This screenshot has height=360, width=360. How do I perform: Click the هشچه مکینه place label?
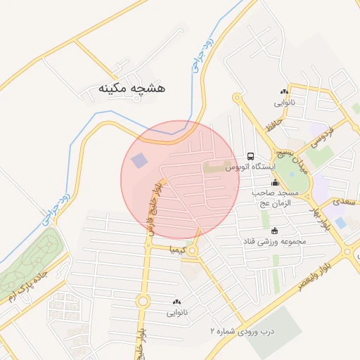[x=131, y=89]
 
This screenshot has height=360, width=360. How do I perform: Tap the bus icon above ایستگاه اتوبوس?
[x=250, y=156]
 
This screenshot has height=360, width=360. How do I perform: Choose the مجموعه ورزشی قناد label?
[x=275, y=241]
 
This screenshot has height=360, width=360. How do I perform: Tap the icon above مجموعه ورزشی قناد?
[x=274, y=231]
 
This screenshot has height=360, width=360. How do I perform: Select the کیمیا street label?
[x=176, y=250]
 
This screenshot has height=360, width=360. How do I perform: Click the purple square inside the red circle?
[x=140, y=160]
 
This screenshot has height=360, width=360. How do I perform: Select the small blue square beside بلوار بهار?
[x=341, y=222]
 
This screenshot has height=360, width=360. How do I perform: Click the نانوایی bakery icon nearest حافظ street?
[x=284, y=91]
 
